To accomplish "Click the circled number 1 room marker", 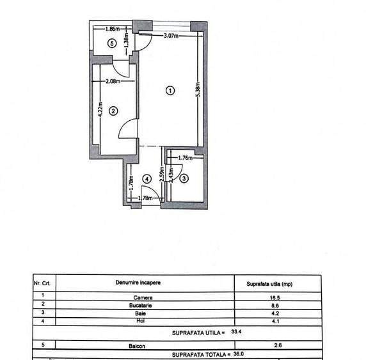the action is (170, 91).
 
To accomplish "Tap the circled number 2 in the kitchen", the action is (113, 111).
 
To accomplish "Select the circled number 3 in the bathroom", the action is (184, 178).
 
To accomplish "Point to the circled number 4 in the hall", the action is (147, 179).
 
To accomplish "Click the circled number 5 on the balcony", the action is (112, 43).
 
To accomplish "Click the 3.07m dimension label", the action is (171, 36).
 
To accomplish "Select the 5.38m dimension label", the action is (198, 89).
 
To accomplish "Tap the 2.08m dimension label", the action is (113, 81).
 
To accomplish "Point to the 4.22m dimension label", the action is (100, 109).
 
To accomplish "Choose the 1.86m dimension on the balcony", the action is (113, 29).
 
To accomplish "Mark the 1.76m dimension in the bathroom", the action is (186, 158).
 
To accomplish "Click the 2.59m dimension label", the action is (162, 174).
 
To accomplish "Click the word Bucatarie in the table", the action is (141, 306).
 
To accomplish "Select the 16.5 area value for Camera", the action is (275, 298).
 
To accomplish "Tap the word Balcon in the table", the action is (137, 346).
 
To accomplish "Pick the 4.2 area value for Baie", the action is (275, 313).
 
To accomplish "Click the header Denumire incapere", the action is (138, 283).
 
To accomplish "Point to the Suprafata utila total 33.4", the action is (236, 331).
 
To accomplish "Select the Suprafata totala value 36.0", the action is (239, 354).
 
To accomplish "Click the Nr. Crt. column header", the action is (42, 283).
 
